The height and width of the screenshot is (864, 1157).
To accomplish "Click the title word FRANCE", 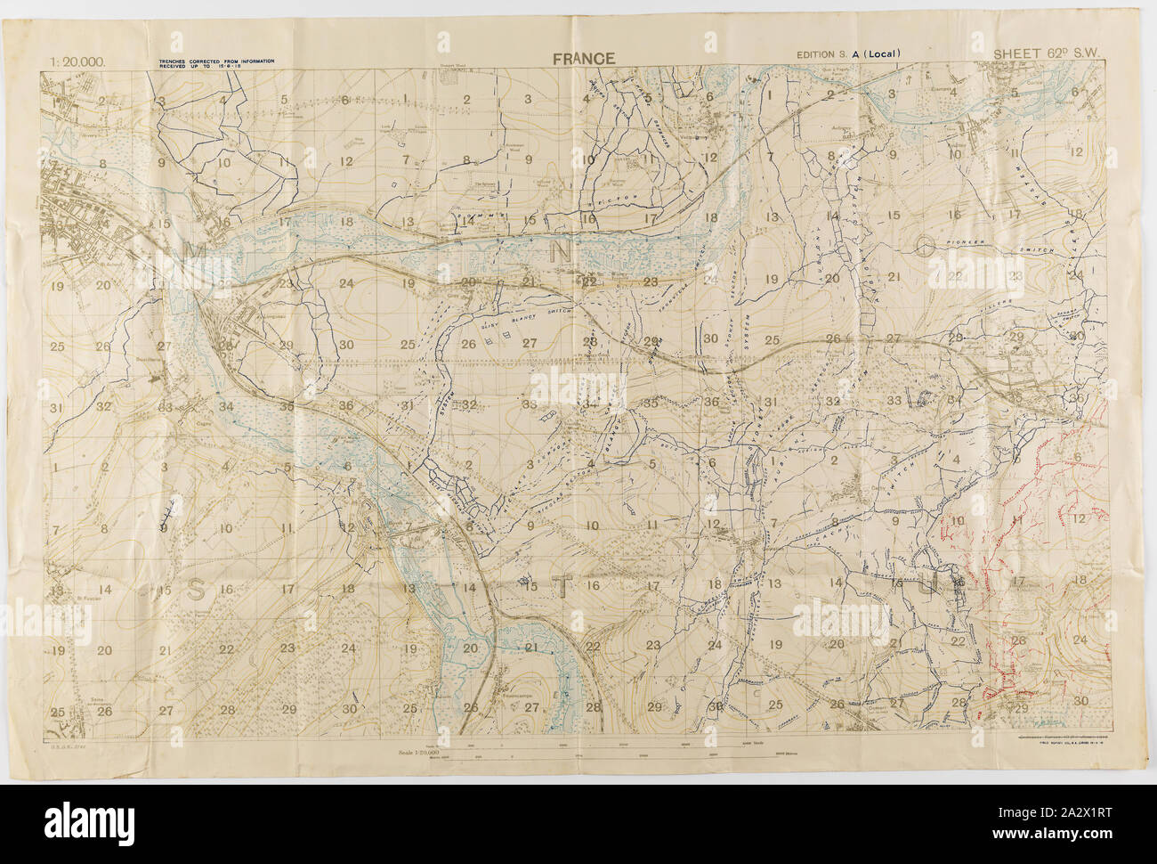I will pyautogui.click(x=583, y=59).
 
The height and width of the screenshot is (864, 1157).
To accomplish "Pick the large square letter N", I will pyautogui.click(x=562, y=252).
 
